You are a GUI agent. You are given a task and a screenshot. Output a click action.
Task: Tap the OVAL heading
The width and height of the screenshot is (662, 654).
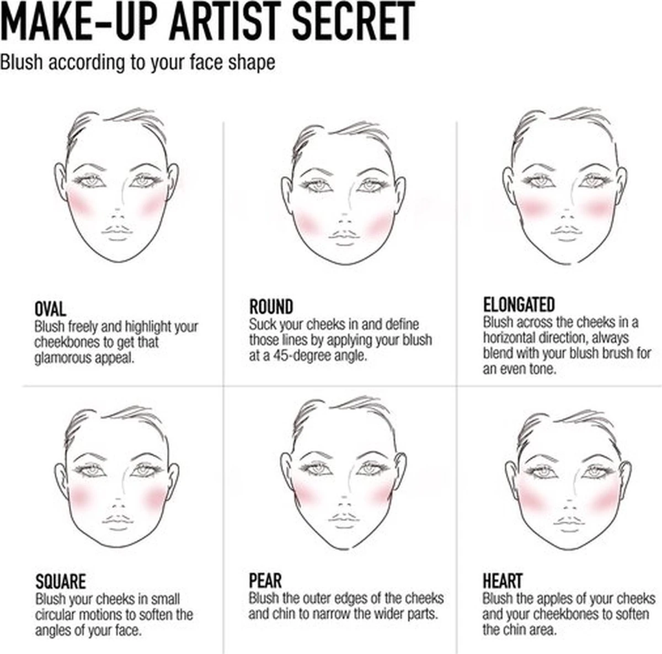(x=50, y=309)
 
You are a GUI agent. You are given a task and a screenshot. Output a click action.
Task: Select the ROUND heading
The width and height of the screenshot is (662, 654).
(x=271, y=307)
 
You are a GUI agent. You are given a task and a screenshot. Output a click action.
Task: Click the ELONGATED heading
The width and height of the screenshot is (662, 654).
(x=519, y=305)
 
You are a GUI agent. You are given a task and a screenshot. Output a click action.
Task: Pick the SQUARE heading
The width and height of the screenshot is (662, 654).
(x=60, y=582)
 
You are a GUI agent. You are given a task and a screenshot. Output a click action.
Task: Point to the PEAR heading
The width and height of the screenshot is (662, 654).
(x=265, y=581)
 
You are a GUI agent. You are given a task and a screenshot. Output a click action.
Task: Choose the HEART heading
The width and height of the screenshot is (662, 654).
(x=502, y=581)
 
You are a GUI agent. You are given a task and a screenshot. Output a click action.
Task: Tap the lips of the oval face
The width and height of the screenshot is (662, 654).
(x=117, y=231)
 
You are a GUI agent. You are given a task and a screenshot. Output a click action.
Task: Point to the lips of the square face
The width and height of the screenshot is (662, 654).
(x=117, y=520)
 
